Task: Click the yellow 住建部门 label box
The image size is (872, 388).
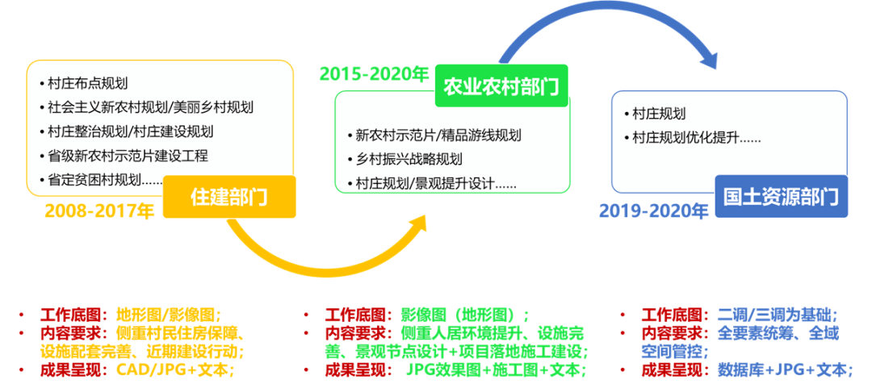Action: pyautogui.click(x=228, y=196)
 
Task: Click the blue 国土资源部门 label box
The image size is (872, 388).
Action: pyautogui.click(x=781, y=196)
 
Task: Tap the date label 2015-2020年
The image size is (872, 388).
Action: pyautogui.click(x=374, y=74)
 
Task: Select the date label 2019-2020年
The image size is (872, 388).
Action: pyautogui.click(x=653, y=212)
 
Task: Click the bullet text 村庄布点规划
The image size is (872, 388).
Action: pyautogui.click(x=88, y=83)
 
